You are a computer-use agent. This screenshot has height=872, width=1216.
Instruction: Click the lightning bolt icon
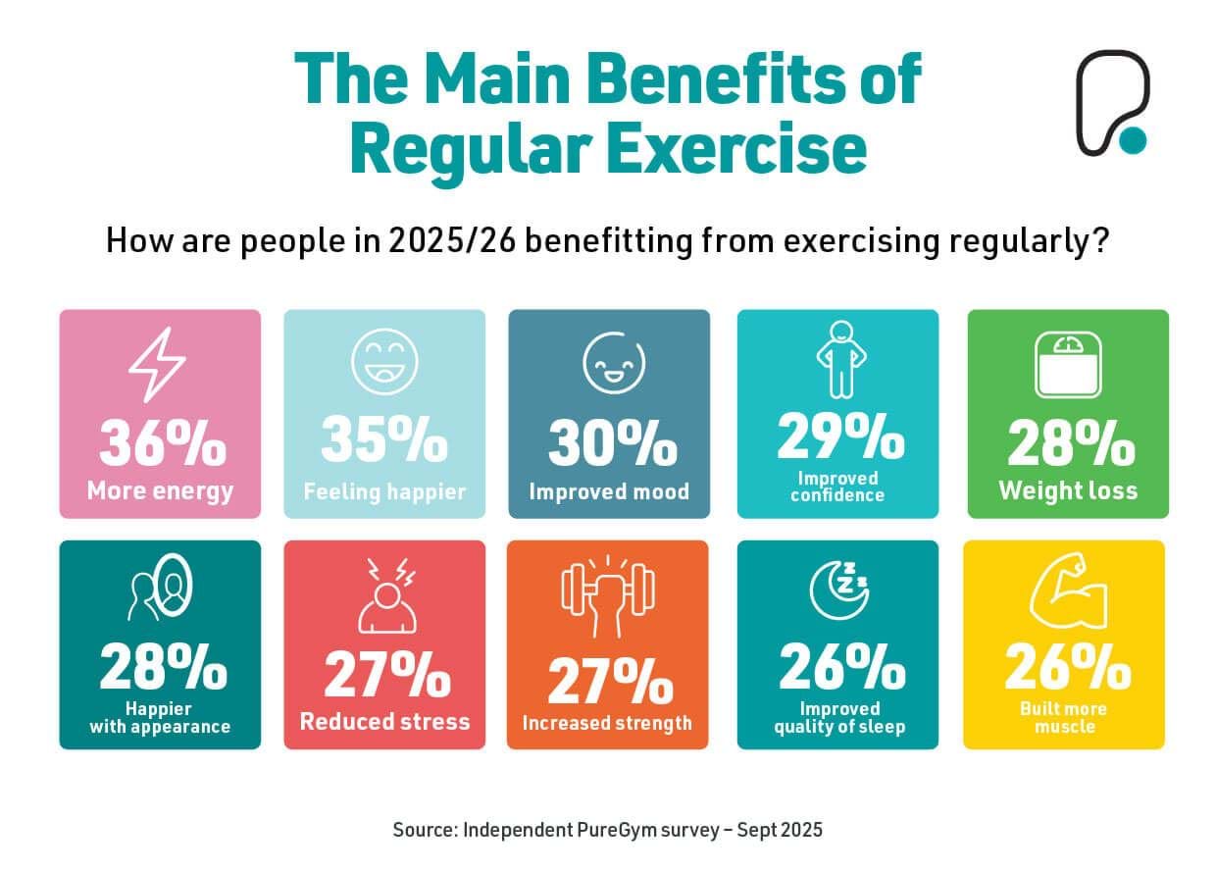point(158,364)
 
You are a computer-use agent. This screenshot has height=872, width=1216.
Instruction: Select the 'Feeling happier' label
point(384,491)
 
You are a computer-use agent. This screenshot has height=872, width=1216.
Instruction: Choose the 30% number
point(612,442)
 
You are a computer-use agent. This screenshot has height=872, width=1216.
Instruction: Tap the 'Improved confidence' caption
point(838,487)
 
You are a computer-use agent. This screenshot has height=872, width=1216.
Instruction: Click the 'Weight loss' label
point(1068,490)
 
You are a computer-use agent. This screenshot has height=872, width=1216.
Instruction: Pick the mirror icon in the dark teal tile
point(160,590)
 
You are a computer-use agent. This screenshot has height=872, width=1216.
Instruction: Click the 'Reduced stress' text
point(384,722)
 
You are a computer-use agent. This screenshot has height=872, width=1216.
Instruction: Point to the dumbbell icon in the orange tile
point(608,592)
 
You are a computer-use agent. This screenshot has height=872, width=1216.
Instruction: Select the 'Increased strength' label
point(607,724)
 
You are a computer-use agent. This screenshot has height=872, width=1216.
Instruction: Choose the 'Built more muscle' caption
point(1064,718)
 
